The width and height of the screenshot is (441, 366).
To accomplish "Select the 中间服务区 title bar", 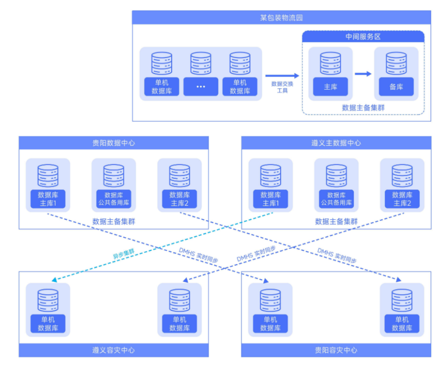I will pyautogui.click(x=363, y=37).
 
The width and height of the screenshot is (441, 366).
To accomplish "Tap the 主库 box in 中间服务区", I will pyautogui.click(x=330, y=87).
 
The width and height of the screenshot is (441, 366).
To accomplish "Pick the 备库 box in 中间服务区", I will pyautogui.click(x=396, y=87).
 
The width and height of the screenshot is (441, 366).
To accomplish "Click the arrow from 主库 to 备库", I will pyautogui.click(x=363, y=74).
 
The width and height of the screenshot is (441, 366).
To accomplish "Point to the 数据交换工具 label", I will pyautogui.click(x=282, y=87).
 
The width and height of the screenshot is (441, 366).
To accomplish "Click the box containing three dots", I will pyautogui.click(x=201, y=86).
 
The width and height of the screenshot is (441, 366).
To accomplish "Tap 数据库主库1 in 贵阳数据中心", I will pyautogui.click(x=48, y=199).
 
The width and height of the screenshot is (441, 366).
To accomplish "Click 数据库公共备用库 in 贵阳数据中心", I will pyautogui.click(x=113, y=199).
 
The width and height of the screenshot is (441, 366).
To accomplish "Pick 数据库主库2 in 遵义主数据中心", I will pyautogui.click(x=402, y=199).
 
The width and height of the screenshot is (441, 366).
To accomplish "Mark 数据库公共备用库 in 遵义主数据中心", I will pyautogui.click(x=336, y=199).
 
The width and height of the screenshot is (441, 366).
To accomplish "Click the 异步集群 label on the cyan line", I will pyautogui.click(x=123, y=254).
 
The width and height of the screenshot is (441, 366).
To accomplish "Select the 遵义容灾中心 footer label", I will pyautogui.click(x=113, y=350).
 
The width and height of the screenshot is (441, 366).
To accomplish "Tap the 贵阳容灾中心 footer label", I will pyautogui.click(x=336, y=350).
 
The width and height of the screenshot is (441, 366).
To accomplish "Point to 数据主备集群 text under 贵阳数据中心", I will pyautogui.click(x=113, y=221).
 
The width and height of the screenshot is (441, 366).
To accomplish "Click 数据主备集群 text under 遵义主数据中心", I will pyautogui.click(x=336, y=221).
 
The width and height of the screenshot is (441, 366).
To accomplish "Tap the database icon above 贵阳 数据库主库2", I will pyautogui.click(x=180, y=176).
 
